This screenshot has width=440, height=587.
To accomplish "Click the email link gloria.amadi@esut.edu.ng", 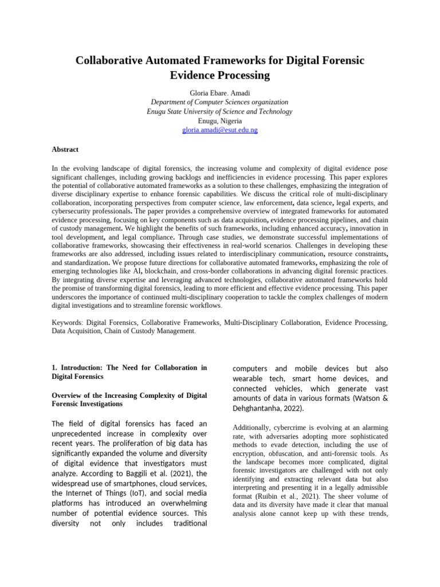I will coord(219,130).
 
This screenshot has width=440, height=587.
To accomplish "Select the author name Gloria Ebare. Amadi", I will coord(219,93).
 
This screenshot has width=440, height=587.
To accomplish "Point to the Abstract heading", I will coord(65,149).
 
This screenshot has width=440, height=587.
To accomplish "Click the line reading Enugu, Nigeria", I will coord(219,121).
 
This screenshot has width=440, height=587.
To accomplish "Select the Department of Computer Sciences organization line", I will coord(219,102).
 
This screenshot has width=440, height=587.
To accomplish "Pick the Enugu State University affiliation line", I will coord(219,111).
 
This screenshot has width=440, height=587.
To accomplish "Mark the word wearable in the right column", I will coord(250,378).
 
